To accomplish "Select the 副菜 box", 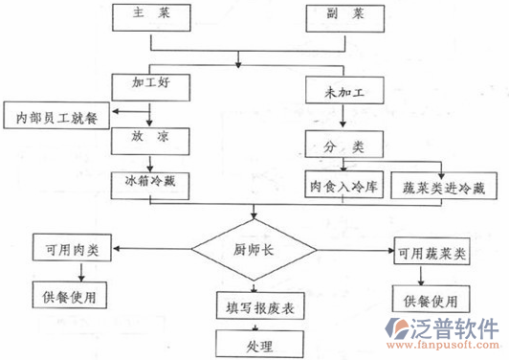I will [343, 15].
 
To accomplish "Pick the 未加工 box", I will [343, 92].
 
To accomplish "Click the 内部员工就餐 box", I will [55, 118].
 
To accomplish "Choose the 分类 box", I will [343, 146].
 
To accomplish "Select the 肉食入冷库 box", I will [343, 185].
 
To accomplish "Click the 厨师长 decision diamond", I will [253, 251].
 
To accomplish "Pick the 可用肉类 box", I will [69, 250].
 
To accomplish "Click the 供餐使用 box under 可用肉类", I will [69, 294].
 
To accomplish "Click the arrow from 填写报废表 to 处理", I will [253, 324].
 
